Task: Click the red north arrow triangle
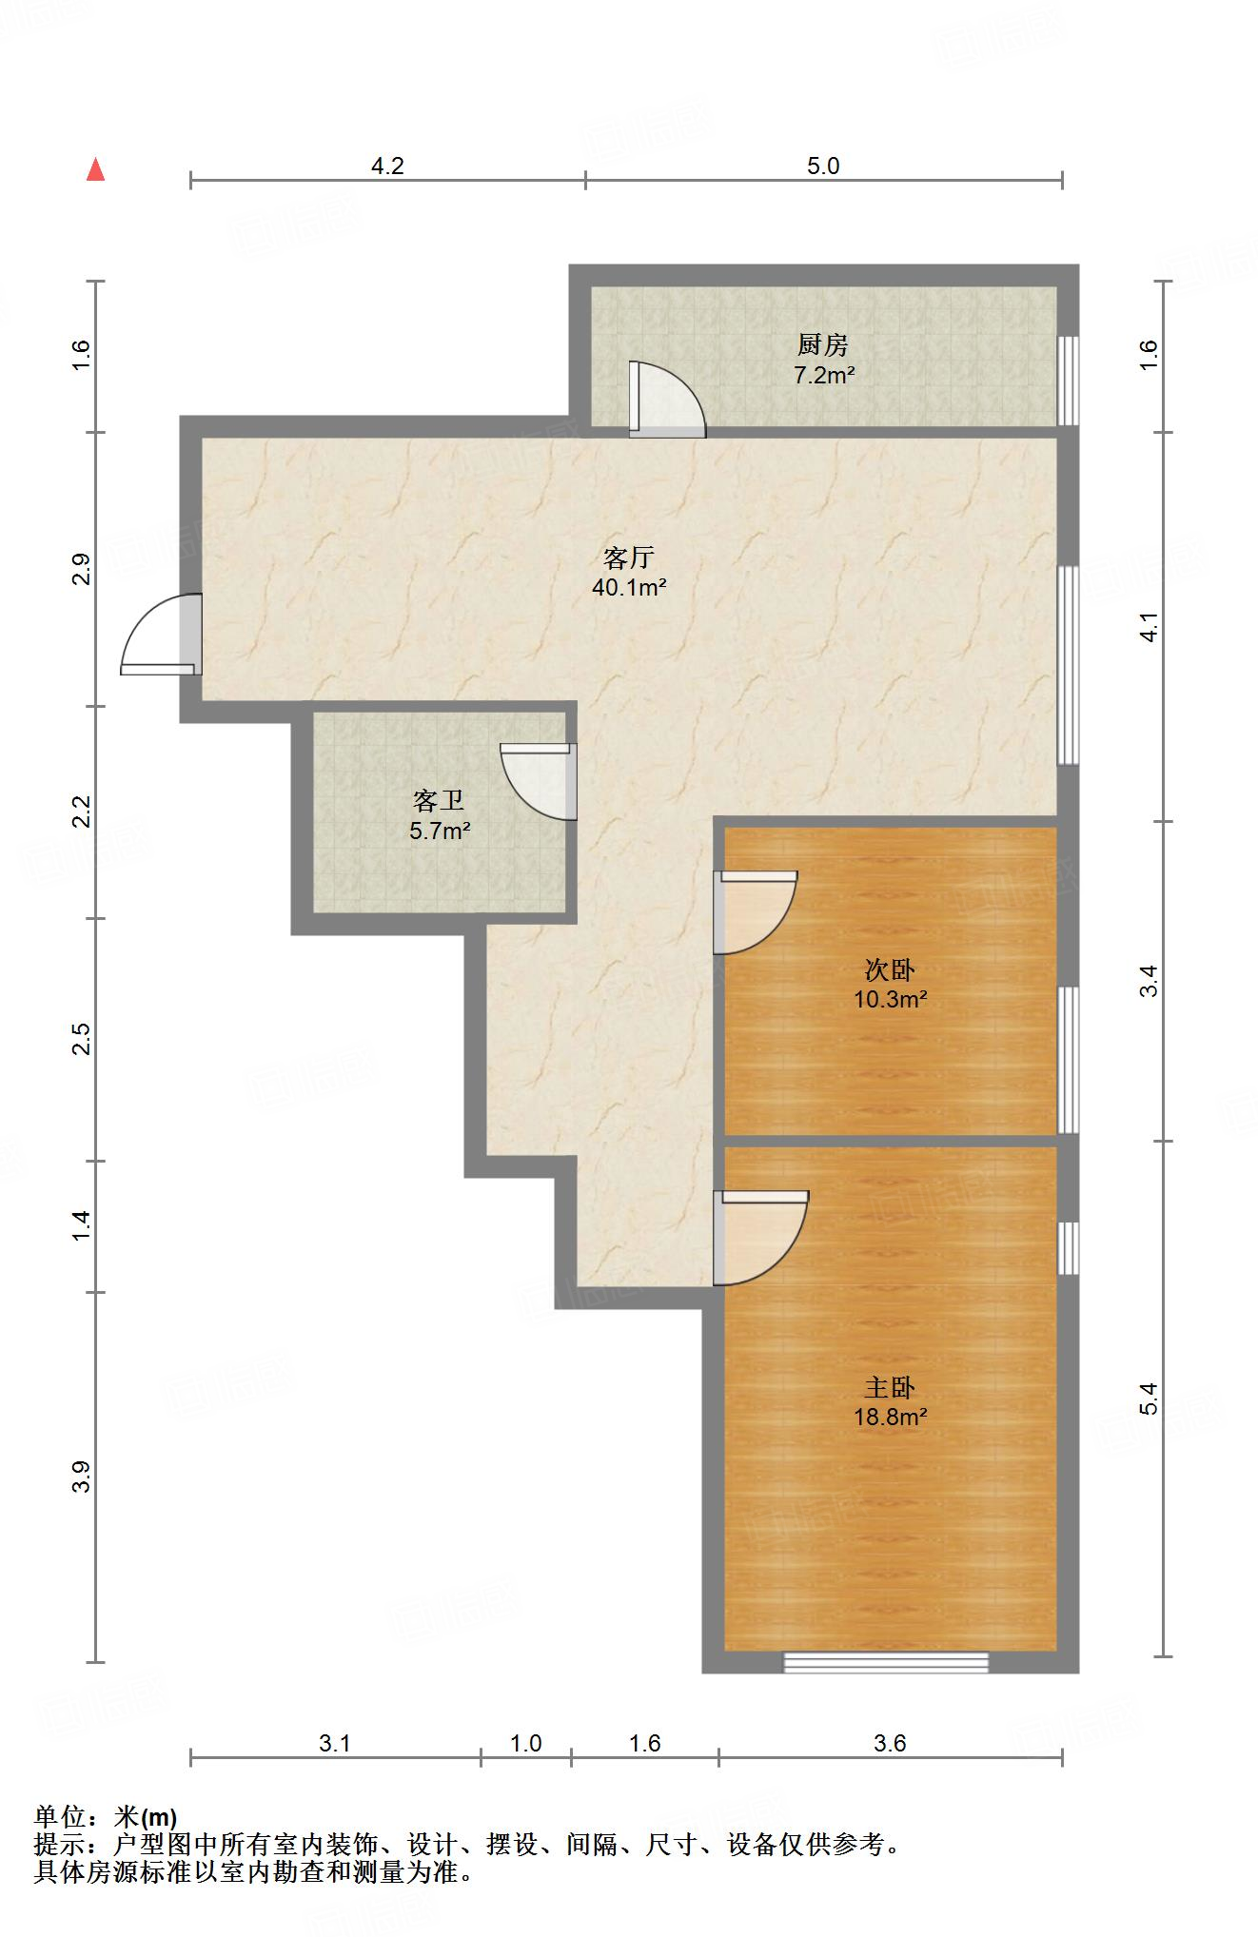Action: click(95, 170)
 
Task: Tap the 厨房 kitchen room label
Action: click(823, 344)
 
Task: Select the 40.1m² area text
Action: click(629, 588)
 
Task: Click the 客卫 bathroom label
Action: click(439, 800)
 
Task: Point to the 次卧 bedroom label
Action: click(890, 969)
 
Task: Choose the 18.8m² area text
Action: click(891, 1417)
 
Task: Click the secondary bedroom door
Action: click(755, 912)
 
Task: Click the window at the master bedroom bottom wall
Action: click(886, 1662)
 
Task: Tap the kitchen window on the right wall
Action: click(1070, 381)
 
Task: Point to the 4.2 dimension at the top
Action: click(387, 166)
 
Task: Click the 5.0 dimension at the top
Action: click(823, 166)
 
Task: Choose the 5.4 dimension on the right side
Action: click(1150, 1399)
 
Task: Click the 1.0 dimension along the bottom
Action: click(525, 1744)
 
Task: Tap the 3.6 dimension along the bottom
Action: click(890, 1744)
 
